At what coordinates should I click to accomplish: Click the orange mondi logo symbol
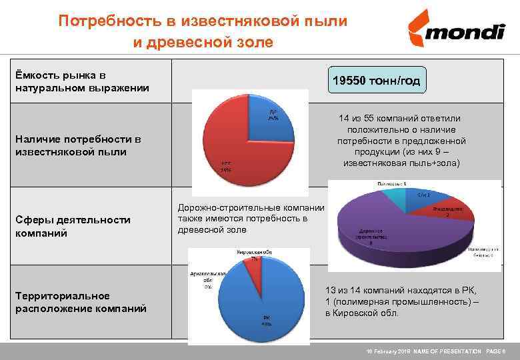tap(418, 29)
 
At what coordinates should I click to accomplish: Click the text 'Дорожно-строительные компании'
tap(251, 208)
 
